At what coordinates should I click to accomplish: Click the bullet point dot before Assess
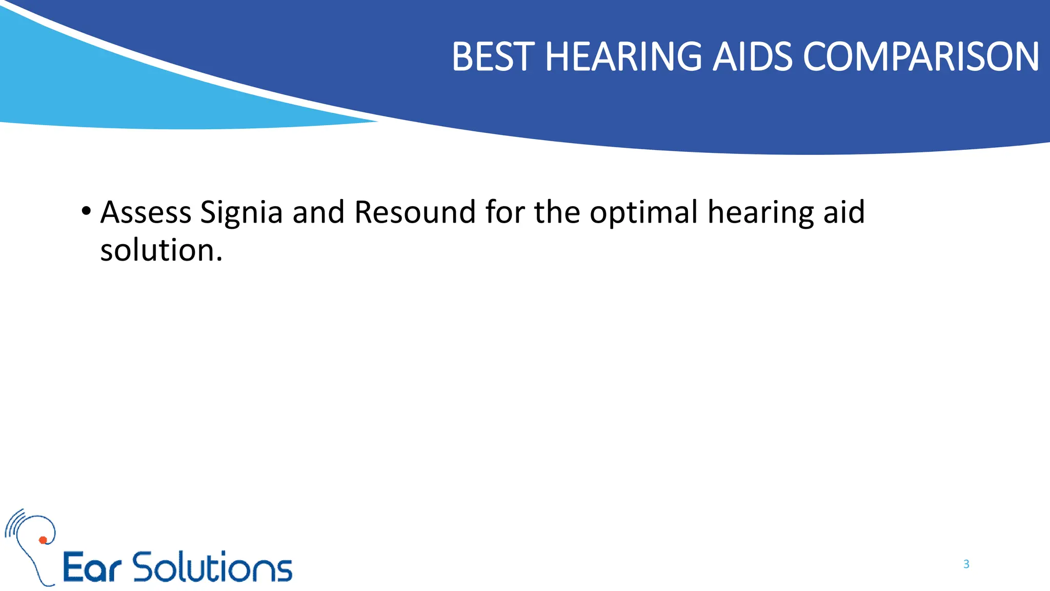tap(86, 211)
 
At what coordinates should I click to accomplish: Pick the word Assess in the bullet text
tap(146, 212)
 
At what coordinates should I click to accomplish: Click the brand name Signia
tap(241, 213)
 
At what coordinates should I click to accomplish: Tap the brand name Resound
tap(415, 212)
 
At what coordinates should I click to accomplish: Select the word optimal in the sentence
tap(643, 213)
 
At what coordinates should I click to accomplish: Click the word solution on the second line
tap(160, 250)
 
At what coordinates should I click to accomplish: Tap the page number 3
tap(966, 564)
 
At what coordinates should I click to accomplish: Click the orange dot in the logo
tap(43, 540)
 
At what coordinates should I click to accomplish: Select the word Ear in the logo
tap(92, 567)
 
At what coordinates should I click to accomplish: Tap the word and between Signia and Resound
tap(318, 212)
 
